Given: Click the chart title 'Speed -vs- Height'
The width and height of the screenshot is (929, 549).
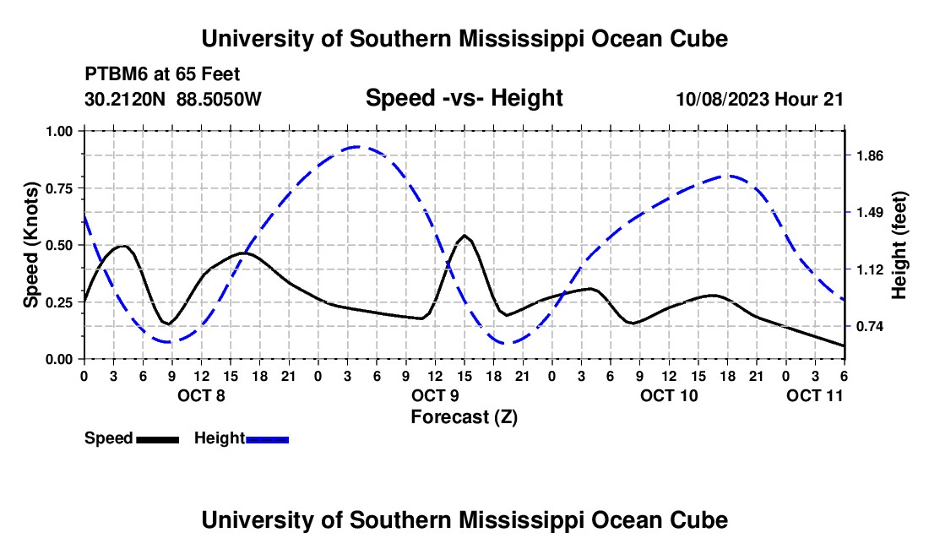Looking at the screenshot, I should point(464,98).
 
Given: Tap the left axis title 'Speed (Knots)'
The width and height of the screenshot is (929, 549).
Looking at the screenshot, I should point(30,245).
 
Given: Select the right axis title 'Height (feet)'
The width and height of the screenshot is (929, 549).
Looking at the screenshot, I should point(899,245).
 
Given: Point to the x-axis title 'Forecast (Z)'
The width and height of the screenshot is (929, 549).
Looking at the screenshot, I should point(464,416).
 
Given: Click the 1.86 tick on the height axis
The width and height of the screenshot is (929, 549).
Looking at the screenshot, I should point(869,155).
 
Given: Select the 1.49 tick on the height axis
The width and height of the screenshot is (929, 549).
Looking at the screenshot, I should point(869,213).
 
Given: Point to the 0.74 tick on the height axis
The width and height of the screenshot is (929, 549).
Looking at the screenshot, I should point(869,327).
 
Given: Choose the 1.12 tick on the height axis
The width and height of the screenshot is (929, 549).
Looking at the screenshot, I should point(869,270).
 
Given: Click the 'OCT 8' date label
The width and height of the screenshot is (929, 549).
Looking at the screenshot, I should point(201,394).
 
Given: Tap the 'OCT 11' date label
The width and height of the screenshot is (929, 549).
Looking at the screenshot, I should point(815,394).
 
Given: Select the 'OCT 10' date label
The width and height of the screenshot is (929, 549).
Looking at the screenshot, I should point(669,394).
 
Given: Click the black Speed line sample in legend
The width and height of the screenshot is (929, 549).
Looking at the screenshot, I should point(157,438).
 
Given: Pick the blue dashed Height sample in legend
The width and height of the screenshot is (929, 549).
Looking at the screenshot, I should point(267,438).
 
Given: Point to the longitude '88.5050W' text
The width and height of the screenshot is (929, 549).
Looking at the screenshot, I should point(220,99).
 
